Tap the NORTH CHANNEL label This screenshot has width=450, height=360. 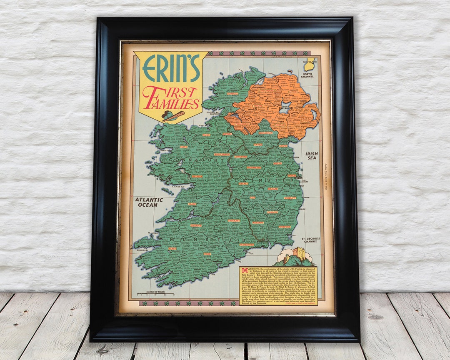(x=309, y=75)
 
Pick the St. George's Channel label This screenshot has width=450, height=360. (x=310, y=240)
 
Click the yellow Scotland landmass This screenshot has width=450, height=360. (x=308, y=65)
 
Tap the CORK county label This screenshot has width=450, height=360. (x=207, y=254)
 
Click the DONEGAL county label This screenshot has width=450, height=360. (x=232, y=94)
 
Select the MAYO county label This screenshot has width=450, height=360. (x=184, y=147)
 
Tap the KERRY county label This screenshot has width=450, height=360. (x=172, y=248)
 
